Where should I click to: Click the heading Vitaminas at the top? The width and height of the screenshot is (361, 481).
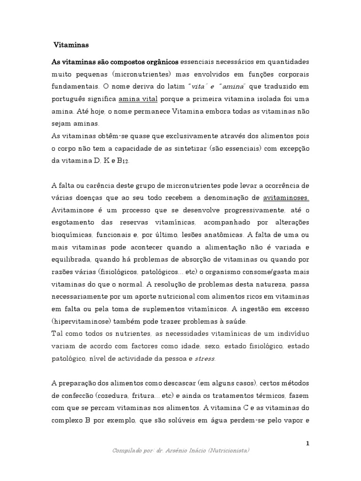71,46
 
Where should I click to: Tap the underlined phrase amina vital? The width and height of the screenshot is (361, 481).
138,99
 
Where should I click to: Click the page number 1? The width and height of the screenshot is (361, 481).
307,442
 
